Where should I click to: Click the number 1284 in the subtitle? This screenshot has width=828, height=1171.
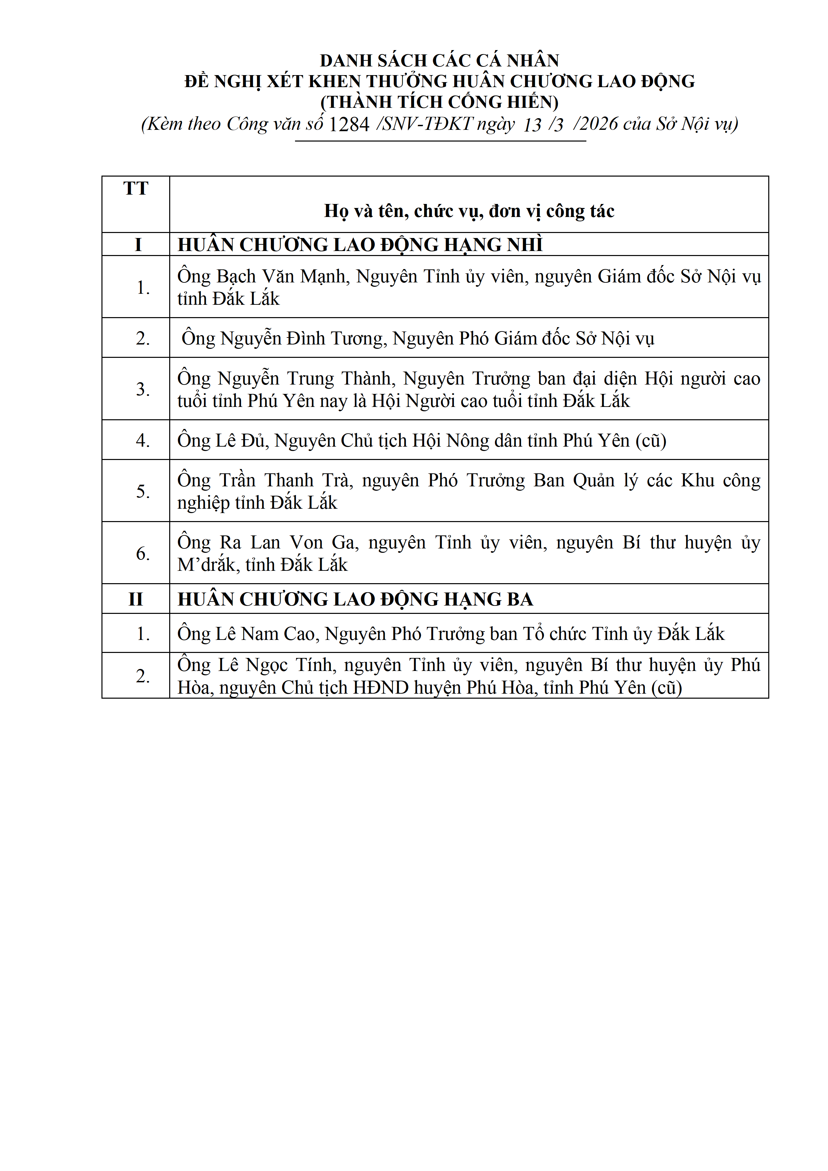(x=349, y=125)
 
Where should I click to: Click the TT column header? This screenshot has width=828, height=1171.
(x=135, y=189)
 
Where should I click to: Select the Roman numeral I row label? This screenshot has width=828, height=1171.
(x=137, y=245)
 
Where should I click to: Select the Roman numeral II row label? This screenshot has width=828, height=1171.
(x=135, y=599)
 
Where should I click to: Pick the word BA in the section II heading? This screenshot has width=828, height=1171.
(x=520, y=599)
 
